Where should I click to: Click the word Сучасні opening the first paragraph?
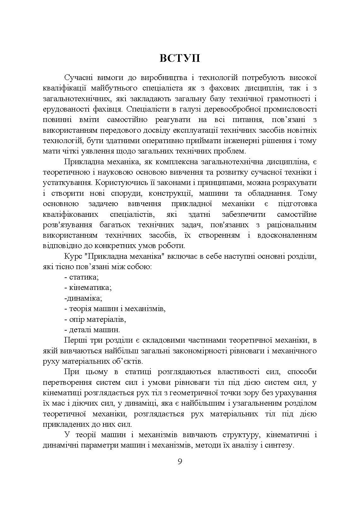pos(77,78)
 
